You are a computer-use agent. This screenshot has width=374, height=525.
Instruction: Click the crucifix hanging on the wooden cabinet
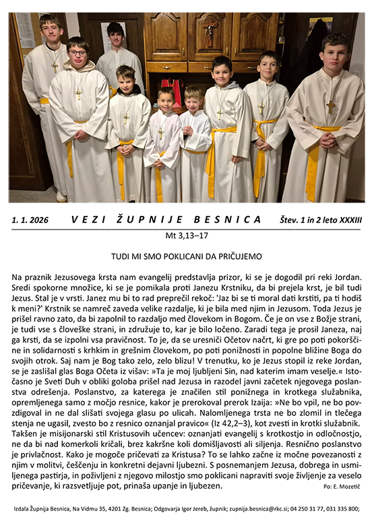[x=210, y=32]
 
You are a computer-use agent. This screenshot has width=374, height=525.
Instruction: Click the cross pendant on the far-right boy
[x=330, y=106]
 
